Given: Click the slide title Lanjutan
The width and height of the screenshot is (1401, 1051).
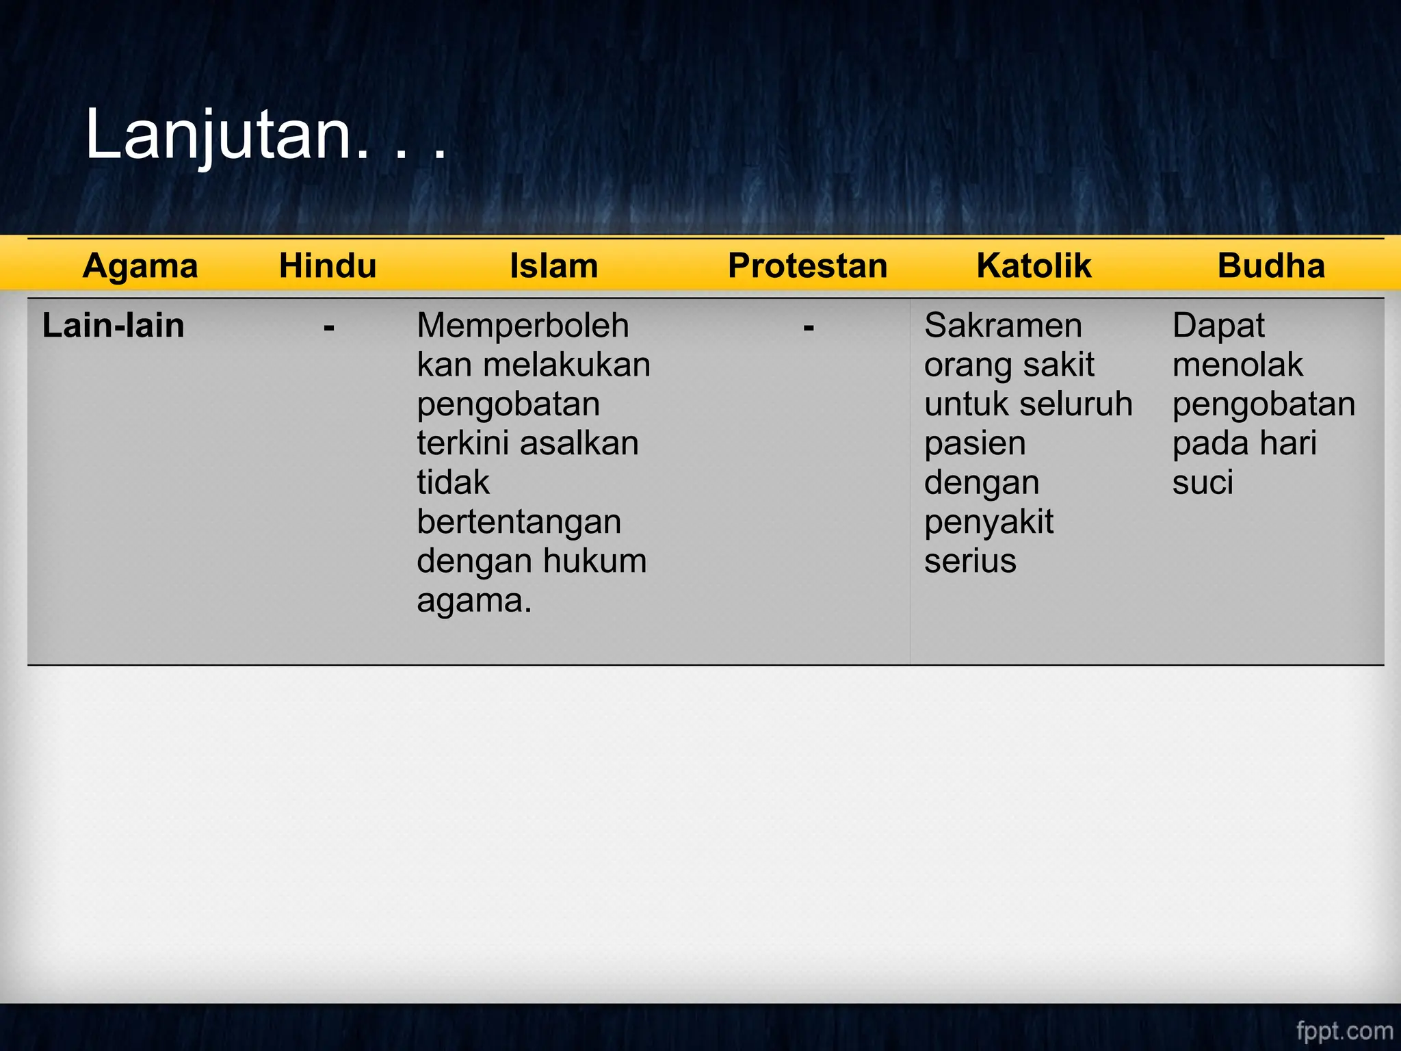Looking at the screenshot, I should tap(265, 135).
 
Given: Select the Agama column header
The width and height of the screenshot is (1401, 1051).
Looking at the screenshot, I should tap(140, 265).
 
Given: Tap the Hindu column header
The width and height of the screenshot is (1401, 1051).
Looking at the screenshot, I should tap(328, 265).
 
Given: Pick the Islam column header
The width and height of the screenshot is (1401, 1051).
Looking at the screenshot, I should tap(553, 265).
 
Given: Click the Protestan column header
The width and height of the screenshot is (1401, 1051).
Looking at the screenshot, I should tap(807, 265).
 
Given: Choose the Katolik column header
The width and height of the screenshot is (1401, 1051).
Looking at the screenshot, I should tap(1034, 265).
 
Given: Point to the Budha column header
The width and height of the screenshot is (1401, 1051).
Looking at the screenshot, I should tap(1271, 265).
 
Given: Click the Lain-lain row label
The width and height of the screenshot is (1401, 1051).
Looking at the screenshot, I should tap(114, 326).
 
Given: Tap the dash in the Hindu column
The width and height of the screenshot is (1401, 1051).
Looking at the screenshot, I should tap(329, 328).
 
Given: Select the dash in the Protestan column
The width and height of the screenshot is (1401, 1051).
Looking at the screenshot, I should tap(809, 328).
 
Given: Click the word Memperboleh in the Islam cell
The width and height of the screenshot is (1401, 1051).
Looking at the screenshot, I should tap(523, 326).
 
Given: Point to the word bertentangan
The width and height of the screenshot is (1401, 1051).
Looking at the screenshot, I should tap(519, 522).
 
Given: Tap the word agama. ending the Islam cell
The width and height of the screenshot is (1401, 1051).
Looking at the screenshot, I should tap(474, 601).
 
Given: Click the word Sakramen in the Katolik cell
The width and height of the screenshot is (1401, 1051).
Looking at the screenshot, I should tap(1003, 326).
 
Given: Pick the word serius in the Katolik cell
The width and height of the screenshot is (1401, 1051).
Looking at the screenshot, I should tap(970, 561).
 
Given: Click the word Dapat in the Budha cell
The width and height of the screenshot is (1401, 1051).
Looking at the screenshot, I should tap(1218, 326).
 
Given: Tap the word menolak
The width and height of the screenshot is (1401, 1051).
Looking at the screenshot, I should tap(1238, 365).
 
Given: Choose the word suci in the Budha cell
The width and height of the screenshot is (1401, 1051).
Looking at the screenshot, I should tap(1203, 482).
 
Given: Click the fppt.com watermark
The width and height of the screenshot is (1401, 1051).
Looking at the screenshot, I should tap(1344, 1030).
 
